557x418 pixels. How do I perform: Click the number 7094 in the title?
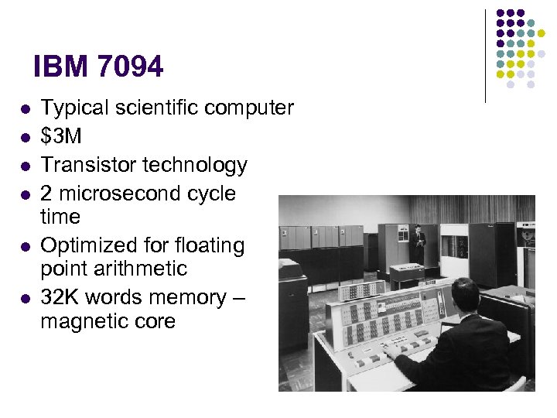click(x=131, y=68)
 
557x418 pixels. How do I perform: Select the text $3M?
click(x=60, y=137)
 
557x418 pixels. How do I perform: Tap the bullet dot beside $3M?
click(x=26, y=137)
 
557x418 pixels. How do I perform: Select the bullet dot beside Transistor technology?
click(x=26, y=165)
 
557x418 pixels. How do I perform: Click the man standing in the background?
click(x=419, y=245)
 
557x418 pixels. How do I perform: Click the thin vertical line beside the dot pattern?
click(x=485, y=56)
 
